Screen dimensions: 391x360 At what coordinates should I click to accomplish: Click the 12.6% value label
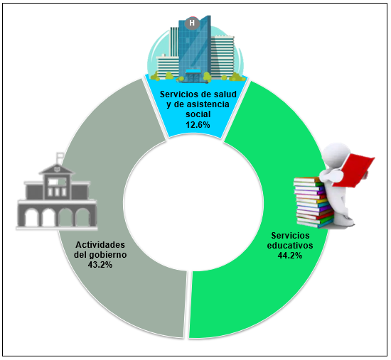point(198,124)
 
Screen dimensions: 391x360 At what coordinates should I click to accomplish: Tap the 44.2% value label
point(290,256)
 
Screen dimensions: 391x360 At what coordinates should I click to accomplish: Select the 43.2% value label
point(100,265)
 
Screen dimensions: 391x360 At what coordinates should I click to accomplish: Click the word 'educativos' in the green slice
point(290,246)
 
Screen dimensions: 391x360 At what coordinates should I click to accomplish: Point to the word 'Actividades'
point(100,245)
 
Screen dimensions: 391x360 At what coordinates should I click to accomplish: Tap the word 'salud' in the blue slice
point(225,94)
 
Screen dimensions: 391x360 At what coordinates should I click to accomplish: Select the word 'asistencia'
point(208,104)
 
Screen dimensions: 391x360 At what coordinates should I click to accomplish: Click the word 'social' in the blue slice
point(198,114)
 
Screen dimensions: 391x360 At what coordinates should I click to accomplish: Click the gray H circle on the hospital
point(192,23)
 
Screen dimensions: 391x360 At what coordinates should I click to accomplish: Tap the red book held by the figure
point(353,170)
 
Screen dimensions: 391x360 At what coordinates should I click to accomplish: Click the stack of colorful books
point(314,202)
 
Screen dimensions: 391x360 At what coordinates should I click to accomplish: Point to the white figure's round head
point(336,153)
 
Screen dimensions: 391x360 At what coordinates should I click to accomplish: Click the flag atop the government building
point(59,155)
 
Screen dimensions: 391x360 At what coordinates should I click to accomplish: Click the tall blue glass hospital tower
point(194,48)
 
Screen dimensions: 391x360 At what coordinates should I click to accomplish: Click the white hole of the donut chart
point(193,201)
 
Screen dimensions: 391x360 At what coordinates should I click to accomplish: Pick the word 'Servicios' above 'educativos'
point(290,236)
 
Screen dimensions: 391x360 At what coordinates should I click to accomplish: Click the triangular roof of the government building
point(57,169)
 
